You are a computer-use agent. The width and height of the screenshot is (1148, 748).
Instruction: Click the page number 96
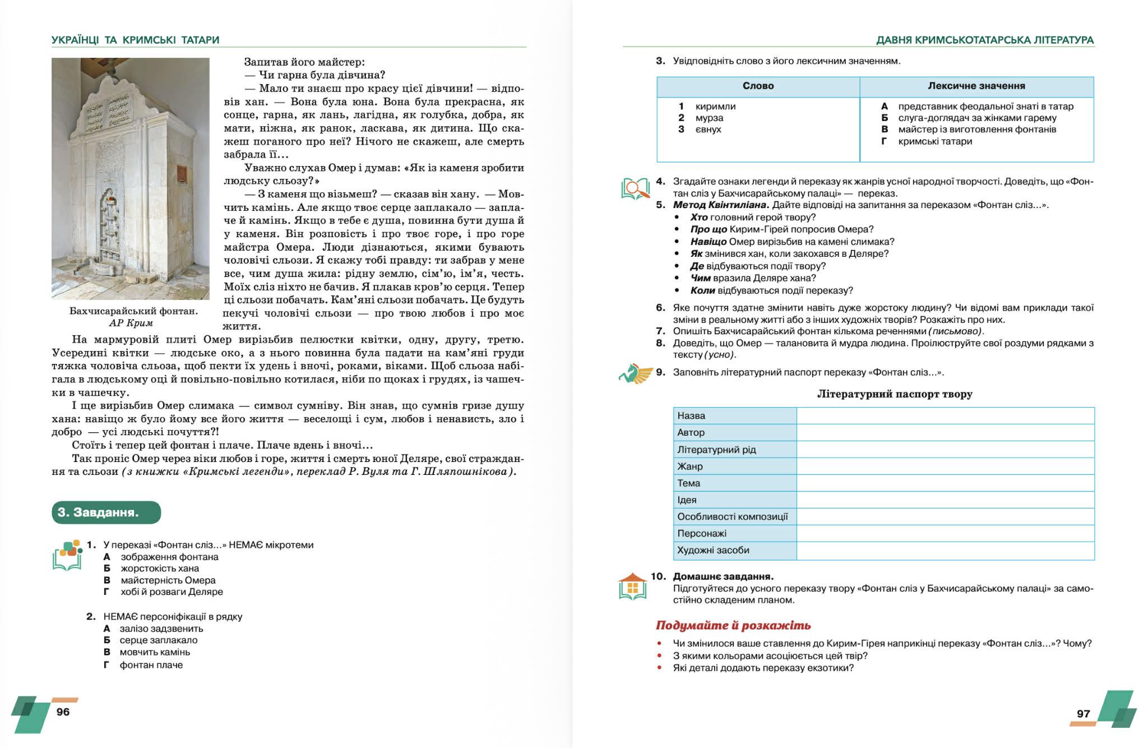[63, 712]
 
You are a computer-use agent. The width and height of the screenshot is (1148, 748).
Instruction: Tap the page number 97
[1084, 713]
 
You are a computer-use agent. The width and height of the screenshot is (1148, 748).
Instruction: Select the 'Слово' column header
[758, 86]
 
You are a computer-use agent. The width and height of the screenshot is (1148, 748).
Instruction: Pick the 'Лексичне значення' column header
[976, 86]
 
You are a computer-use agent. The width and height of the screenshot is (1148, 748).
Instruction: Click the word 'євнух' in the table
[708, 130]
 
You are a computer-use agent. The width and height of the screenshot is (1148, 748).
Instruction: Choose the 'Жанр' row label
[690, 466]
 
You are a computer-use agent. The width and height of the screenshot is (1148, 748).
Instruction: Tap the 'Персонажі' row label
[702, 533]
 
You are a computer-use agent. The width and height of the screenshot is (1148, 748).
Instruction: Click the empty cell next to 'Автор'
[945, 432]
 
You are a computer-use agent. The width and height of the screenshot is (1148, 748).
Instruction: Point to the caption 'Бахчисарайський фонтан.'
[133, 311]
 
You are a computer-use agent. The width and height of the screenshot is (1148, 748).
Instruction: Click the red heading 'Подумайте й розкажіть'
[733, 625]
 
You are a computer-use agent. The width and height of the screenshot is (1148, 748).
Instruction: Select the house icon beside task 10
[632, 587]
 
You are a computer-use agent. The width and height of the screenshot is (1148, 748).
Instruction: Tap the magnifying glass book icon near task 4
[635, 188]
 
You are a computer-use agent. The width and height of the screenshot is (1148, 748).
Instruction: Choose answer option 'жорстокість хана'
[160, 569]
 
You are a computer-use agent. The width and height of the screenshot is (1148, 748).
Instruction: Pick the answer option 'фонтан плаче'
[151, 665]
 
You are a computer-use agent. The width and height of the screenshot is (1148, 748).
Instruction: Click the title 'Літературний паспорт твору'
[895, 394]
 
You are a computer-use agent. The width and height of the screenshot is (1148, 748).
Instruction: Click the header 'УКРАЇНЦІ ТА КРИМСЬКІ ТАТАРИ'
[135, 40]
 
